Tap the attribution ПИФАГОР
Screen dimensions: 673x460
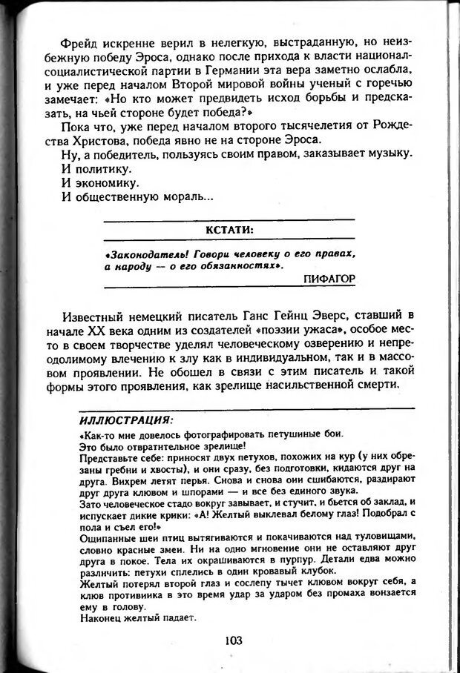329,278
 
